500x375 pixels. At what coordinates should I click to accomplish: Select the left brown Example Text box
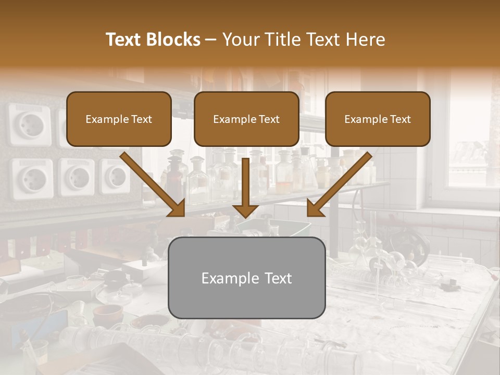[119, 119]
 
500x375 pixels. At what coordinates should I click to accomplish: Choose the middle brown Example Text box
[246, 119]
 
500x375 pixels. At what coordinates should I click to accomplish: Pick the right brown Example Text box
[378, 119]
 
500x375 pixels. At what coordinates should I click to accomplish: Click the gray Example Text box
[246, 278]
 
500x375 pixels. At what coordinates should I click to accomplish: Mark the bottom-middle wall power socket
[76, 177]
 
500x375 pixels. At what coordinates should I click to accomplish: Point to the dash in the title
[211, 40]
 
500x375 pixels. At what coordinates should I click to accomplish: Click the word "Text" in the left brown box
[141, 119]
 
